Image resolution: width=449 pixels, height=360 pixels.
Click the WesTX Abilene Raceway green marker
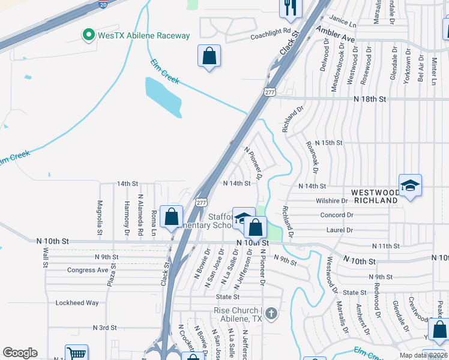click(89, 35)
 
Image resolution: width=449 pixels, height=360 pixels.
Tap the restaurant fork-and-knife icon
click(291, 7)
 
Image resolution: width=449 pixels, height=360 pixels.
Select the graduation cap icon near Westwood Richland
click(410, 185)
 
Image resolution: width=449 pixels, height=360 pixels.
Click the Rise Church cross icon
click(271, 313)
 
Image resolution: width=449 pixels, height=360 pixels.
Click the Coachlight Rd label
click(270, 31)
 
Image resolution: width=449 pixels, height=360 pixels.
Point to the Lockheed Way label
click(77, 303)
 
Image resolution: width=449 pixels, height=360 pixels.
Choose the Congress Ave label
click(88, 270)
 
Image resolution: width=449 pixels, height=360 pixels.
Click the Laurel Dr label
click(340, 230)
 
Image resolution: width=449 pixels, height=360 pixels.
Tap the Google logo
click(20, 353)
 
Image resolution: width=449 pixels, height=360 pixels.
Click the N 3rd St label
click(104, 328)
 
